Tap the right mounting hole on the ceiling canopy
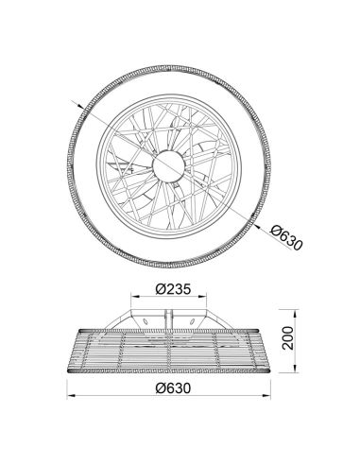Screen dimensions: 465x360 [197, 322]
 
